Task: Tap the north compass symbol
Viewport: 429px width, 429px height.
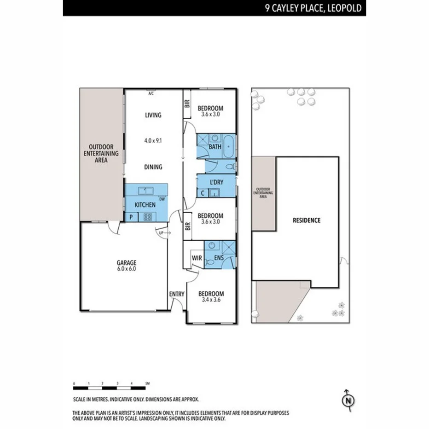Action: click(348, 400)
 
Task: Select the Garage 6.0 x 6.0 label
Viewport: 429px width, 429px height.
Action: click(126, 266)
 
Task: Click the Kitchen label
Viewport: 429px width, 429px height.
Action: click(145, 204)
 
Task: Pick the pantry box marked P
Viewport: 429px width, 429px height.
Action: click(131, 217)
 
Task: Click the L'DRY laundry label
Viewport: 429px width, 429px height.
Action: click(216, 182)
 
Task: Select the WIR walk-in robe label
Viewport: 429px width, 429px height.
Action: click(197, 258)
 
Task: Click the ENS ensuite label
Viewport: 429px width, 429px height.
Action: click(219, 258)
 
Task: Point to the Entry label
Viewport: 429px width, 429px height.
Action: click(177, 294)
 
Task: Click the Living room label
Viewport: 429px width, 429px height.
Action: click(153, 115)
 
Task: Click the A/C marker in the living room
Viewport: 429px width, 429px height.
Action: click(151, 93)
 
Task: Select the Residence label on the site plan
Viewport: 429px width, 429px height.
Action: click(307, 220)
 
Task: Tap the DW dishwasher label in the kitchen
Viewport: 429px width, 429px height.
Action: click(162, 199)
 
